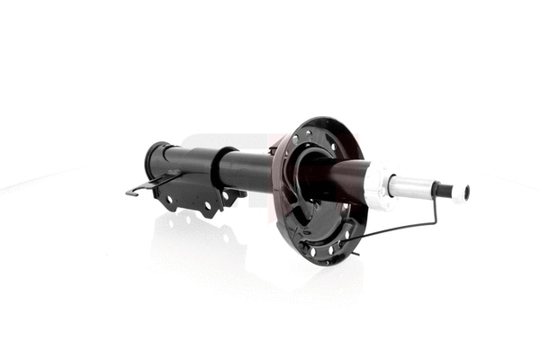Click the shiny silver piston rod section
tap(411, 186)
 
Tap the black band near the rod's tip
tap(442, 190)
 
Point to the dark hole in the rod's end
tap(465, 192)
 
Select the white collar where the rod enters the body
tap(378, 184)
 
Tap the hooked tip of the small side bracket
tap(130, 192)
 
